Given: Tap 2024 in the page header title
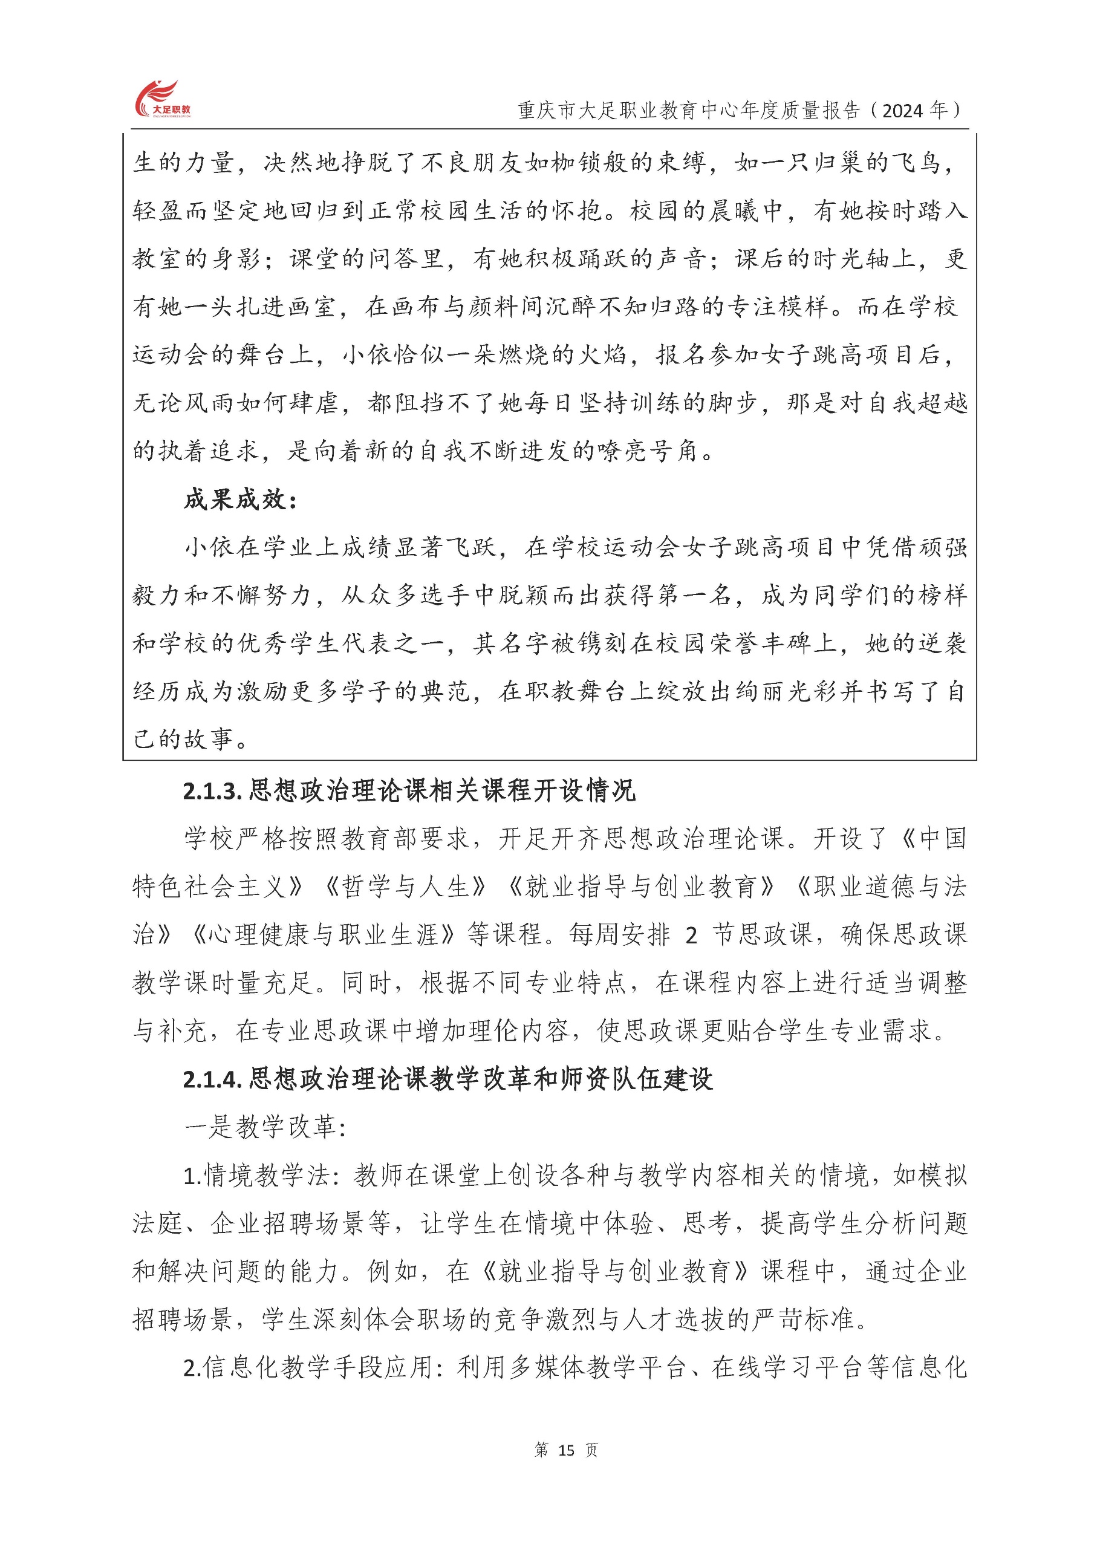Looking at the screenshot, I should point(903,111).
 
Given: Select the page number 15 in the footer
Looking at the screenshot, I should point(566,1450).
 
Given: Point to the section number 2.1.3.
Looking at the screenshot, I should point(213,791).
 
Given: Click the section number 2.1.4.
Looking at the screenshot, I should point(213,1079).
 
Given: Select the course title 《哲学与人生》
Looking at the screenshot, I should point(406,887).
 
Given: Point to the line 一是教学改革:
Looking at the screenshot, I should point(265,1127).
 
